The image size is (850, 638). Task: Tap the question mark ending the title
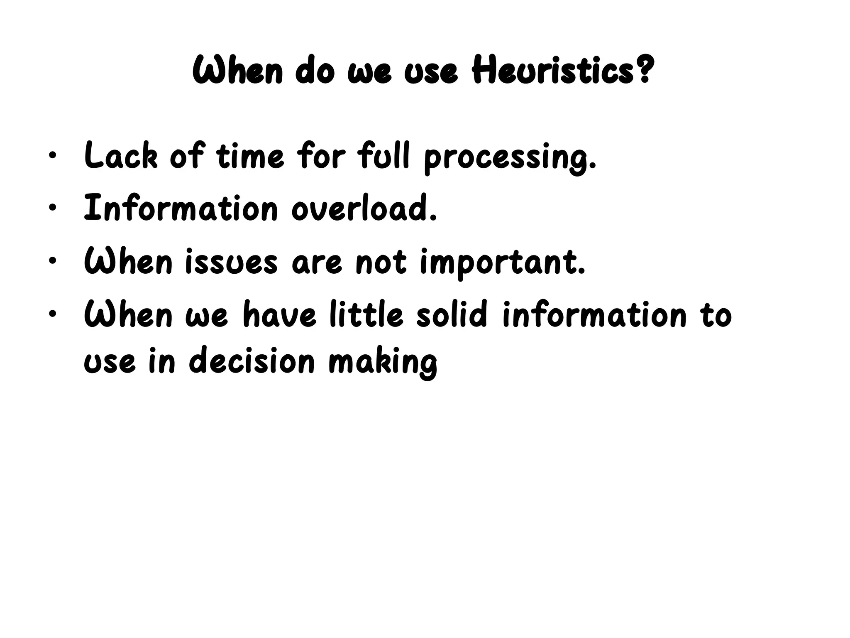click(x=643, y=70)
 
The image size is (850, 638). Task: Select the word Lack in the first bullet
click(x=121, y=156)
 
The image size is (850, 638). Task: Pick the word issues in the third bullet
click(x=231, y=262)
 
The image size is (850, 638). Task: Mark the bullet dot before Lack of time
click(x=51, y=157)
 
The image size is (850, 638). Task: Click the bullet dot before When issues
click(x=51, y=261)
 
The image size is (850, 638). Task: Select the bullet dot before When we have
click(x=51, y=314)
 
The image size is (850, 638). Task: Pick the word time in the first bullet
click(x=250, y=156)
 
